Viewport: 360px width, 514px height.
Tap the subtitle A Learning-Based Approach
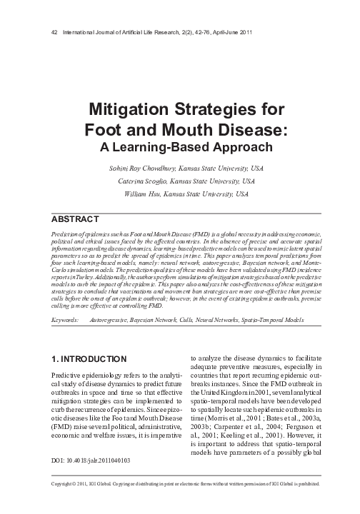[x=180, y=148]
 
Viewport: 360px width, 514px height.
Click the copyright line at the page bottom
[x=180, y=503]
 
